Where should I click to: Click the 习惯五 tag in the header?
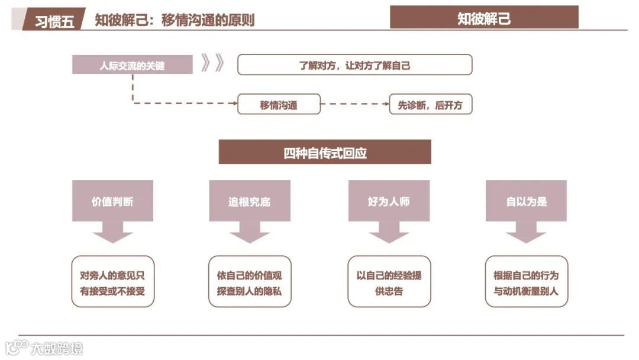coord(54,21)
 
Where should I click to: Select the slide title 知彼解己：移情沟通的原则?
coord(175,20)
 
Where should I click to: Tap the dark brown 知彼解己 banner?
coord(484,18)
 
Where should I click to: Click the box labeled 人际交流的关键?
coord(132,65)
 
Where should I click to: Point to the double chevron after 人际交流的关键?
coord(212,63)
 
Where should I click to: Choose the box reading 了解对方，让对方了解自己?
coord(354,65)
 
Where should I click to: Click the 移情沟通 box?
coord(279,105)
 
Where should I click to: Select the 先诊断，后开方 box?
coord(430,105)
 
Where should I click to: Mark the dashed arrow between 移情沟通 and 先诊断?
coord(354,104)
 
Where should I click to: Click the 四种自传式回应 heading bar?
coord(325,152)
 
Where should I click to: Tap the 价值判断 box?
coord(112,201)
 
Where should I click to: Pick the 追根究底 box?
coord(250,201)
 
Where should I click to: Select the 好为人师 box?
coord(389,201)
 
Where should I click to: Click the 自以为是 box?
coord(526,201)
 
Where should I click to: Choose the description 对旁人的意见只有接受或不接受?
coord(112,282)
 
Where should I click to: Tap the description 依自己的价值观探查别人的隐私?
coord(250,282)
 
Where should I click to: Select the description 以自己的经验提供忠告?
coord(389,282)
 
